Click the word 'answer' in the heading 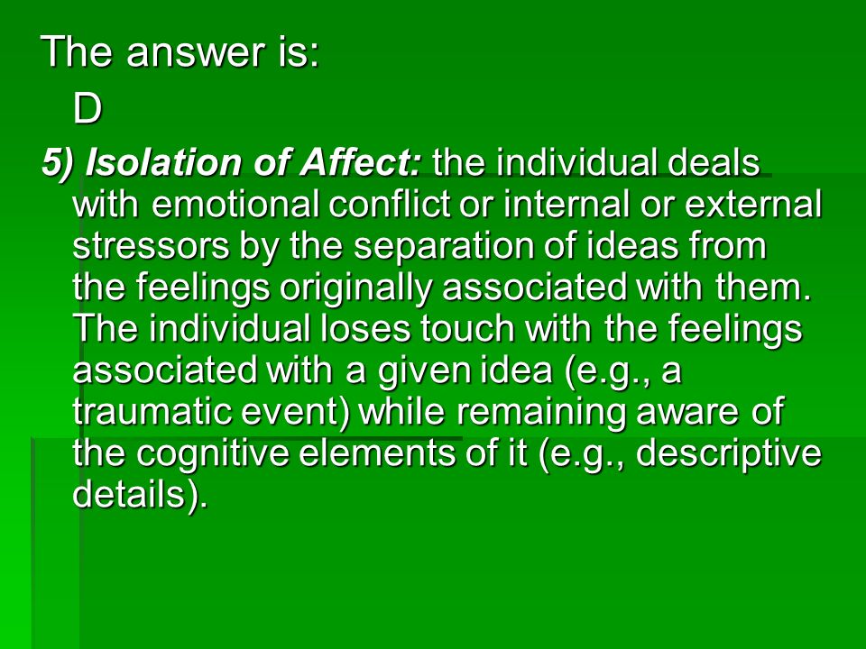[196, 53]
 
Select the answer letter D [88, 108]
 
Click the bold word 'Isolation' [164, 162]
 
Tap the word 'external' [753, 205]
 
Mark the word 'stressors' [151, 246]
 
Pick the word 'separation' [445, 246]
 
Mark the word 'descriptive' [729, 453]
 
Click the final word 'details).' [141, 495]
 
